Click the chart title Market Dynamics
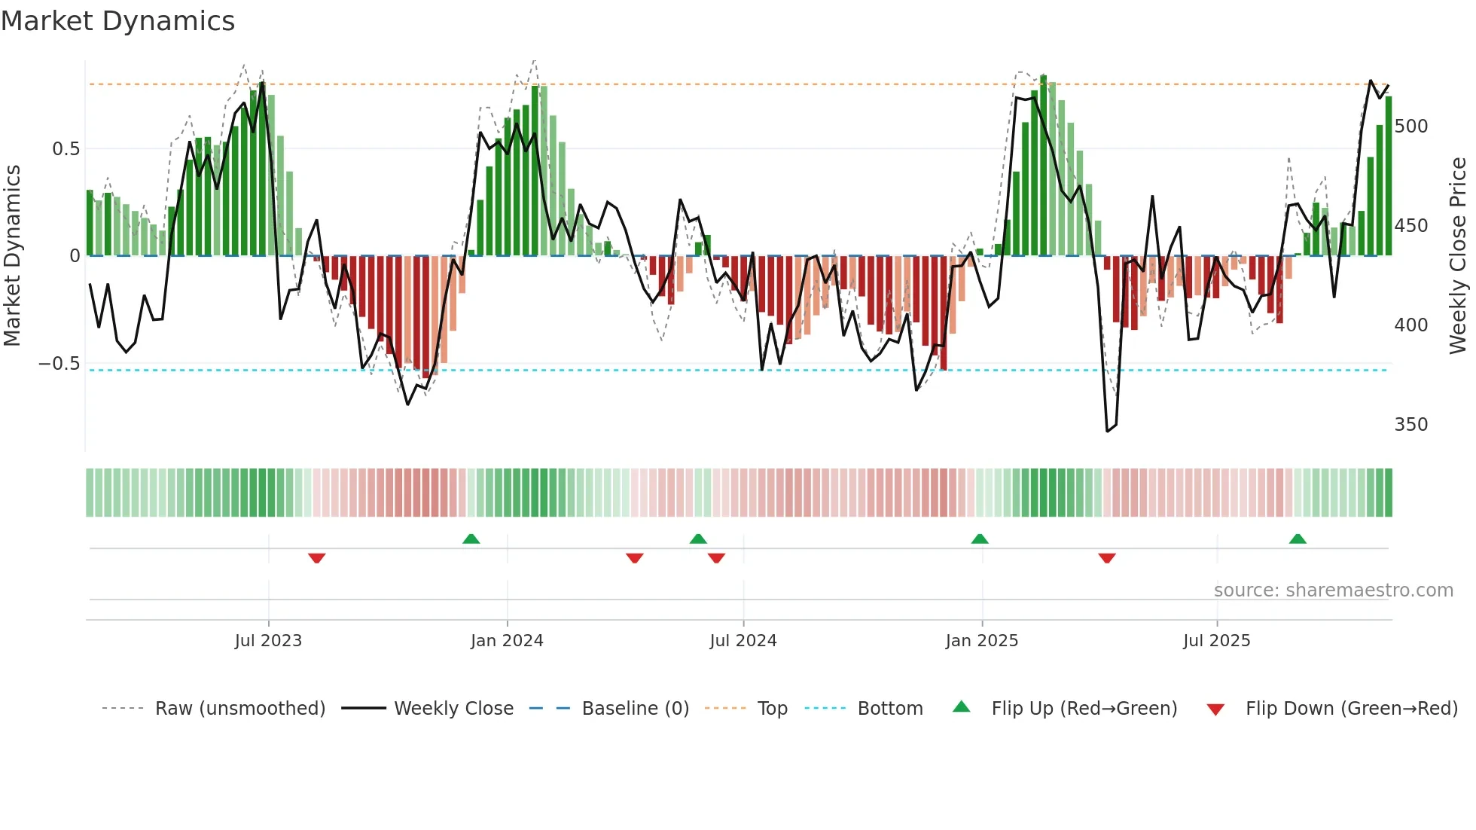[x=117, y=21]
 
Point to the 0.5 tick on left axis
[x=66, y=149]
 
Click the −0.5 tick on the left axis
[x=59, y=364]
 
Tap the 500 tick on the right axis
[x=1410, y=127]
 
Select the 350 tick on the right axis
[x=1410, y=425]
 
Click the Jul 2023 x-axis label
[x=268, y=641]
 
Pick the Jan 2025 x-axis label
[x=981, y=641]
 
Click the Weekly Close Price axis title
[x=1458, y=256]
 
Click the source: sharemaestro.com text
[x=1333, y=590]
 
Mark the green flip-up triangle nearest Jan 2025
[x=980, y=539]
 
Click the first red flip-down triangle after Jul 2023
[x=316, y=558]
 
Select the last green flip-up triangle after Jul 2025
[x=1298, y=539]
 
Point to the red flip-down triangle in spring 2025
[x=1106, y=558]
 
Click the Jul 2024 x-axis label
[x=743, y=641]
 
